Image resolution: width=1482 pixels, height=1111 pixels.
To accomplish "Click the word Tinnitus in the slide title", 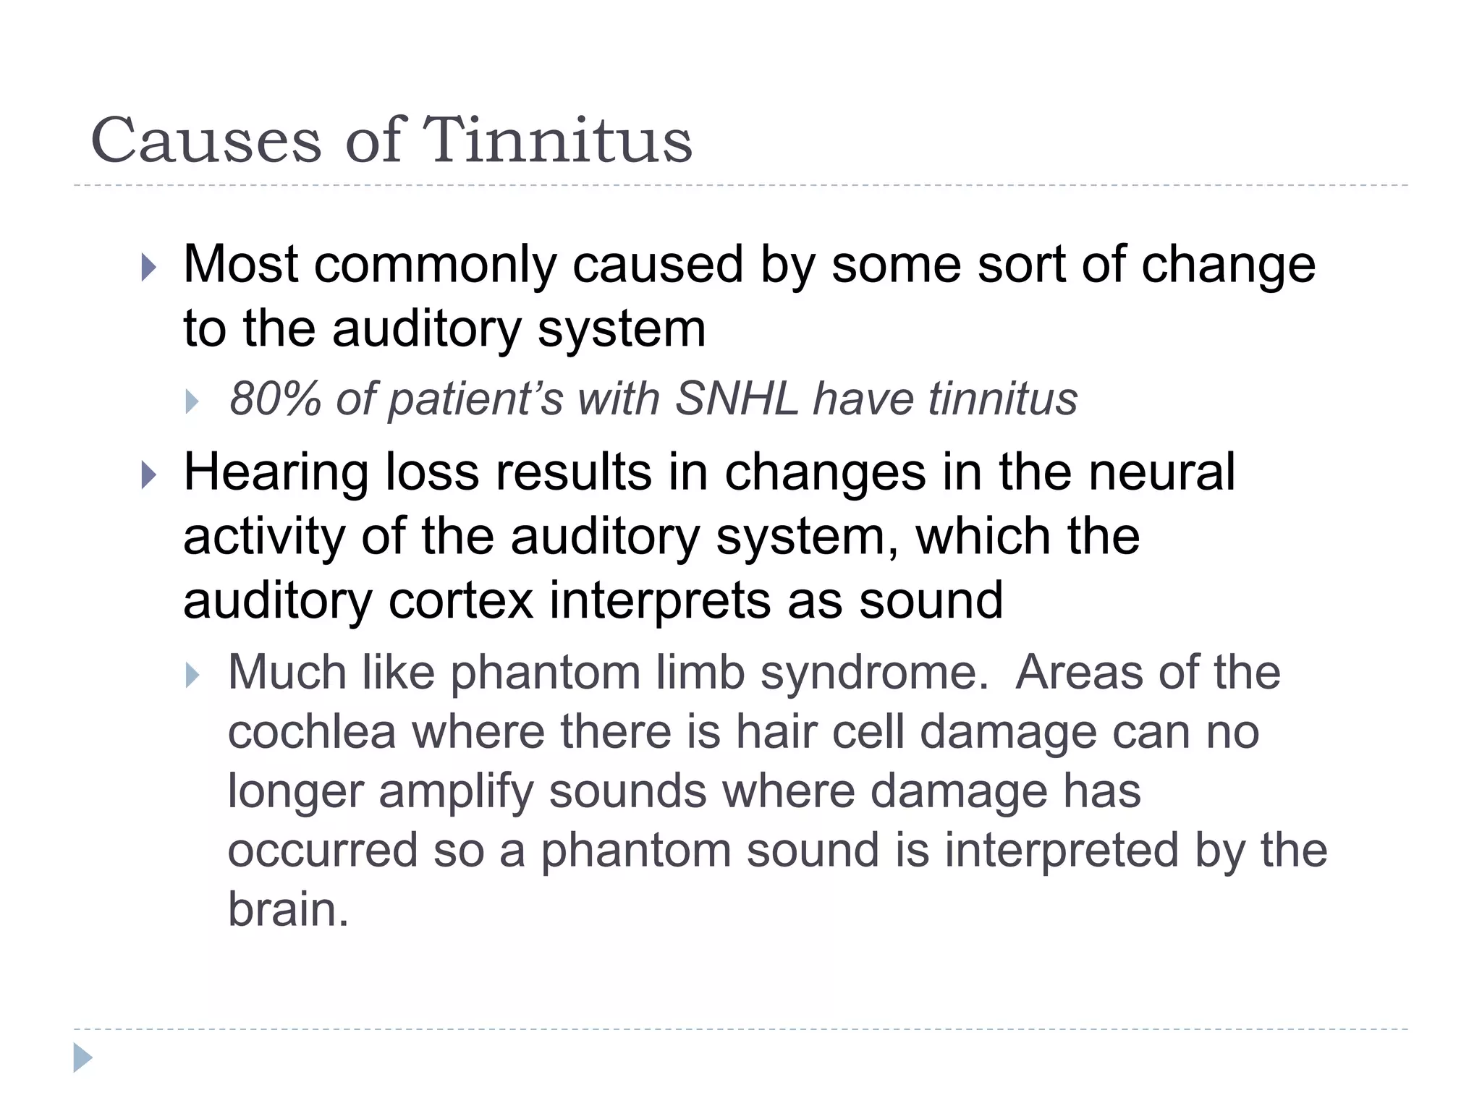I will [557, 140].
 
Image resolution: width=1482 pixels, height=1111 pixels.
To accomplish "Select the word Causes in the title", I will [206, 140].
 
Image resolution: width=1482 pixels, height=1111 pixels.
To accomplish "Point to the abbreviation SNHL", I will [737, 399].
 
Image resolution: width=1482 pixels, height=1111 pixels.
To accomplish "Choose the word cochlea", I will [312, 731].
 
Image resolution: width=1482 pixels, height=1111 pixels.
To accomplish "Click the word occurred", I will [323, 850].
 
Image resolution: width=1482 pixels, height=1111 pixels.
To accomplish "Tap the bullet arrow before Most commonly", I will [149, 268].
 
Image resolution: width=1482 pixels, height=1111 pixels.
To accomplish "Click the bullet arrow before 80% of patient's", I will [192, 401].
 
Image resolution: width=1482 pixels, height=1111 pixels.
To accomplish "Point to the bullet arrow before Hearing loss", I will [149, 475].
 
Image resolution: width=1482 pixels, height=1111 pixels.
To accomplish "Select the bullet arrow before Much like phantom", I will [192, 676].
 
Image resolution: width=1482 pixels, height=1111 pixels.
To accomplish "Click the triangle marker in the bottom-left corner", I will [82, 1057].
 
